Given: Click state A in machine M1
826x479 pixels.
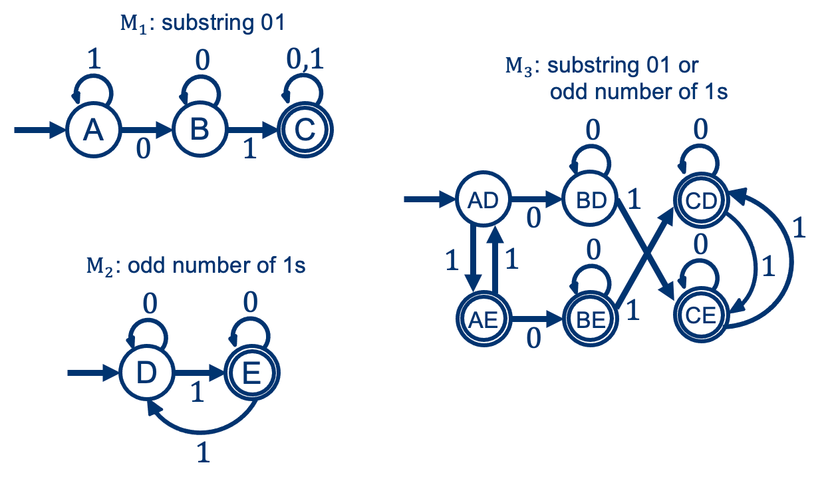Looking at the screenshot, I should [93, 130].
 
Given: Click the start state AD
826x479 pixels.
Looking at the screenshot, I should [483, 200].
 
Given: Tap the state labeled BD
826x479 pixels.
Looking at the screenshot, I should [590, 200].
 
